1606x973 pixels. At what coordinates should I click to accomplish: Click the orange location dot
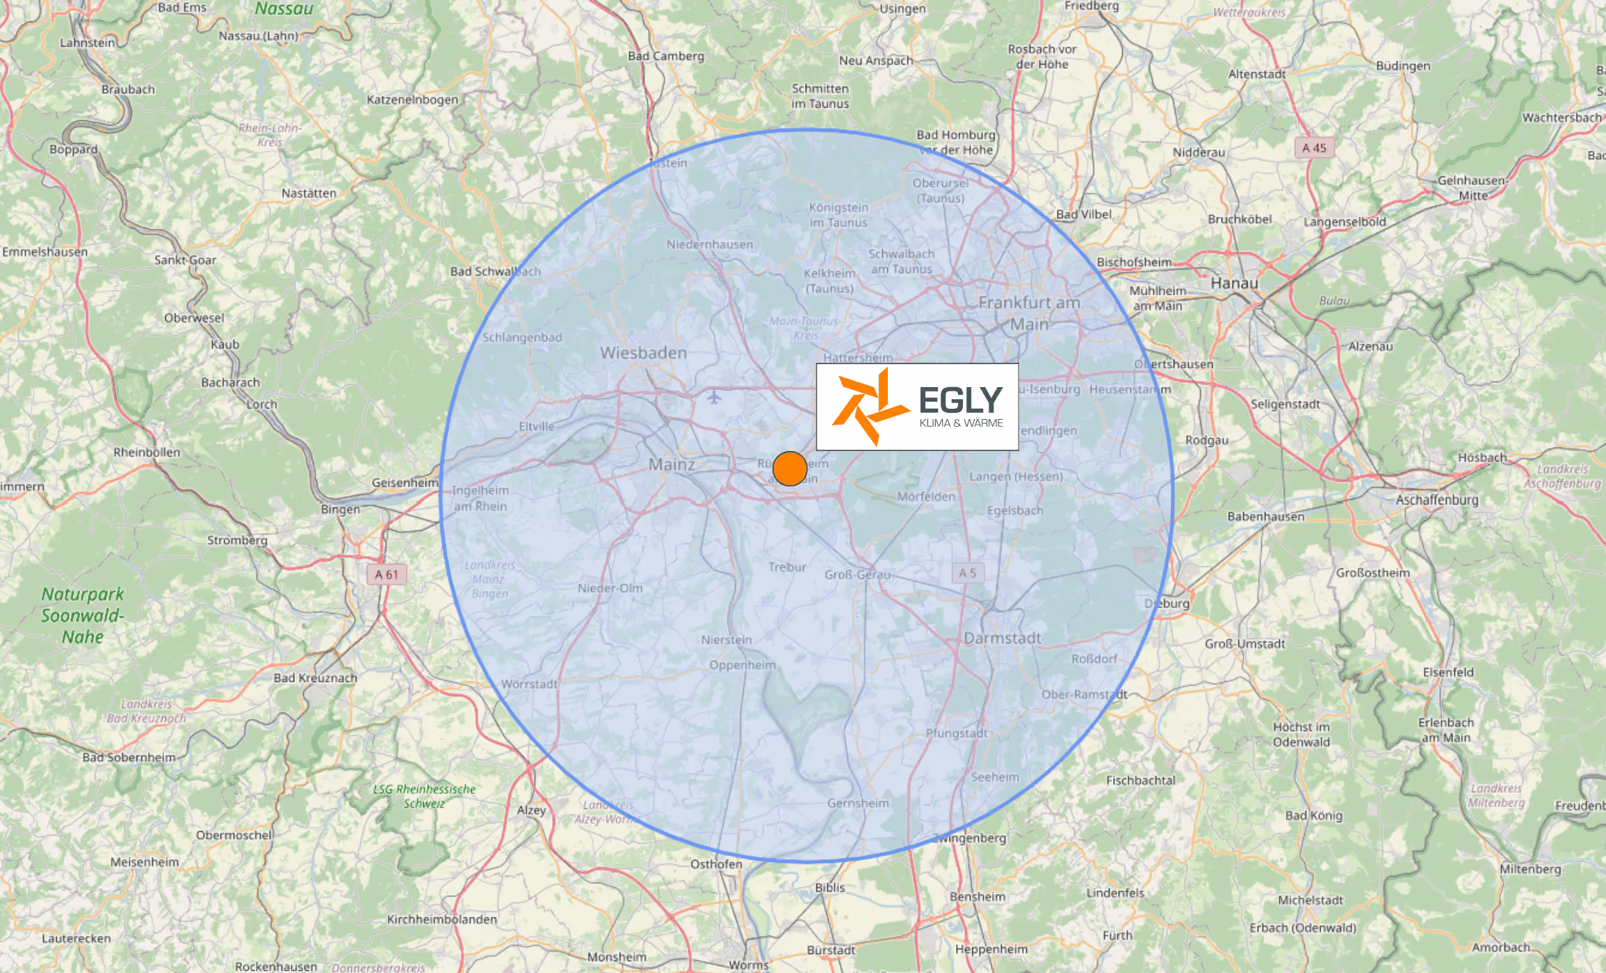tap(790, 468)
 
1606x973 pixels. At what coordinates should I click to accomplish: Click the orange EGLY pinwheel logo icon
tap(870, 407)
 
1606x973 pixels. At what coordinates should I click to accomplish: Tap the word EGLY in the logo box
tap(960, 400)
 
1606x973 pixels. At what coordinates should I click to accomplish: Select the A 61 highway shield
tap(387, 574)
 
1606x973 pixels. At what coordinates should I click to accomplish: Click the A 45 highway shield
tap(1314, 148)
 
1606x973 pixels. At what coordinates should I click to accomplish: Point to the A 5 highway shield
tap(968, 573)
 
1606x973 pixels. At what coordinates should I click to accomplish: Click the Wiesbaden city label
tap(643, 353)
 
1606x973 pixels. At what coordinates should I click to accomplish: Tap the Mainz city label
tap(672, 464)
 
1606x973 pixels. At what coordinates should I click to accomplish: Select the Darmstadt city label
tap(1002, 638)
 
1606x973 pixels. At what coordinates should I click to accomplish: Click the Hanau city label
tap(1234, 283)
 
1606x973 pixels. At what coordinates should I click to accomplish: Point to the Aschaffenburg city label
tap(1437, 500)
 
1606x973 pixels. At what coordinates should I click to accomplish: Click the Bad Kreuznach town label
tap(315, 678)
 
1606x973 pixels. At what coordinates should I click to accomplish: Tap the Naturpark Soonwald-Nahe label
tap(83, 615)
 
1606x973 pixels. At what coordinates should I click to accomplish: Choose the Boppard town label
tap(73, 149)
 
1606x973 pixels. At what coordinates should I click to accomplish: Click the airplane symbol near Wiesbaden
tap(714, 398)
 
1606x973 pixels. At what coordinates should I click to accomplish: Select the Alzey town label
tap(531, 810)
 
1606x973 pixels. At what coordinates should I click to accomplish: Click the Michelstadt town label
tap(1310, 900)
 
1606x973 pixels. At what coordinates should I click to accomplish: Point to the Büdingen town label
tap(1403, 66)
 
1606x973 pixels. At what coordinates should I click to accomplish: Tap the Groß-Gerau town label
tap(857, 575)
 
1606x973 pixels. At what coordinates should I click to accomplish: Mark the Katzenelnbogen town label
tap(412, 99)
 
